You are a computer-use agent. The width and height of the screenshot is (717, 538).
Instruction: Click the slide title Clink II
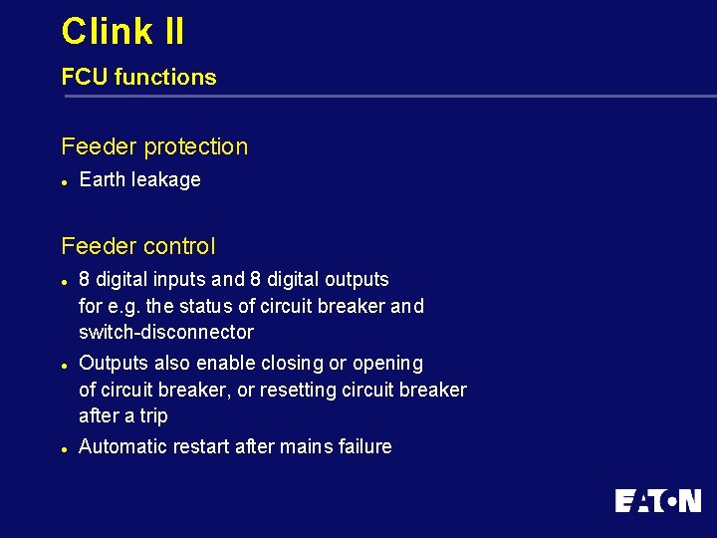coord(122,31)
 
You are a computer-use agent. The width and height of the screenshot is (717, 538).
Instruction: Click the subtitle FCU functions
coord(138,77)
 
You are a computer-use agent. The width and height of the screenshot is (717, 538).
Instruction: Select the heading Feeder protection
coord(154,146)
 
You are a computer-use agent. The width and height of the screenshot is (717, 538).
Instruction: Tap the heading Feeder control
coord(137,245)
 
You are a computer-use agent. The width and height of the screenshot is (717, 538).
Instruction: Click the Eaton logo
coord(657,500)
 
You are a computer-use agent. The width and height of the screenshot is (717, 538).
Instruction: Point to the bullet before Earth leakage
coord(64,181)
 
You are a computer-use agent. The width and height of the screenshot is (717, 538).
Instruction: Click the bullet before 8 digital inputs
coord(64,281)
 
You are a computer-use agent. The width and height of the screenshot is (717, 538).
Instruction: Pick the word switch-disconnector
coord(166,332)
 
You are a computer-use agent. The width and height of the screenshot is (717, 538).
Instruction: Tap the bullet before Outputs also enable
coord(64,365)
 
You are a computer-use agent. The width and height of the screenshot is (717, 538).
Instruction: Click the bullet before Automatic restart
coord(64,448)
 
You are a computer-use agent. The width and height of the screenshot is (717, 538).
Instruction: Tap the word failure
coord(364,446)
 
